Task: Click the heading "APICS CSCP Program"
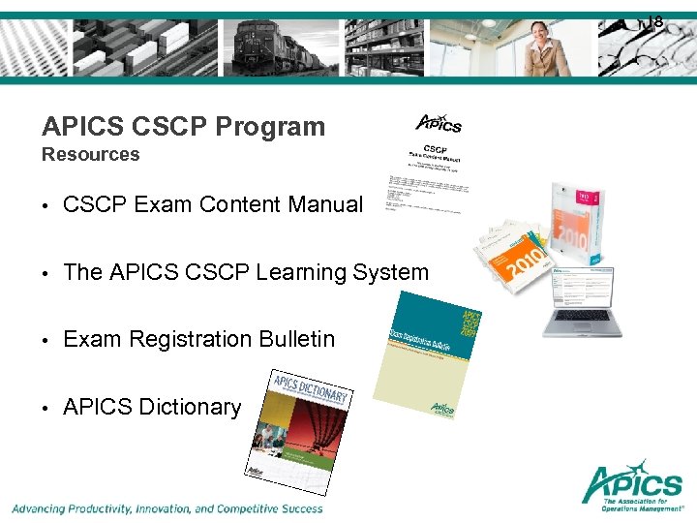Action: (184, 127)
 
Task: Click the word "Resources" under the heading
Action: (91, 155)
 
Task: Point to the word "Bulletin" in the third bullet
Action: (296, 340)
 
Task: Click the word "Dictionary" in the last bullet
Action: (190, 408)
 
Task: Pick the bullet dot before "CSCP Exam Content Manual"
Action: (46, 206)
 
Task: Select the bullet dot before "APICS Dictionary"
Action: (46, 409)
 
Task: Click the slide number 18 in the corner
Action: (655, 20)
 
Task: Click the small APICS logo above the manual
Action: (439, 123)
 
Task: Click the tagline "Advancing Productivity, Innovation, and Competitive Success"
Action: (167, 508)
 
